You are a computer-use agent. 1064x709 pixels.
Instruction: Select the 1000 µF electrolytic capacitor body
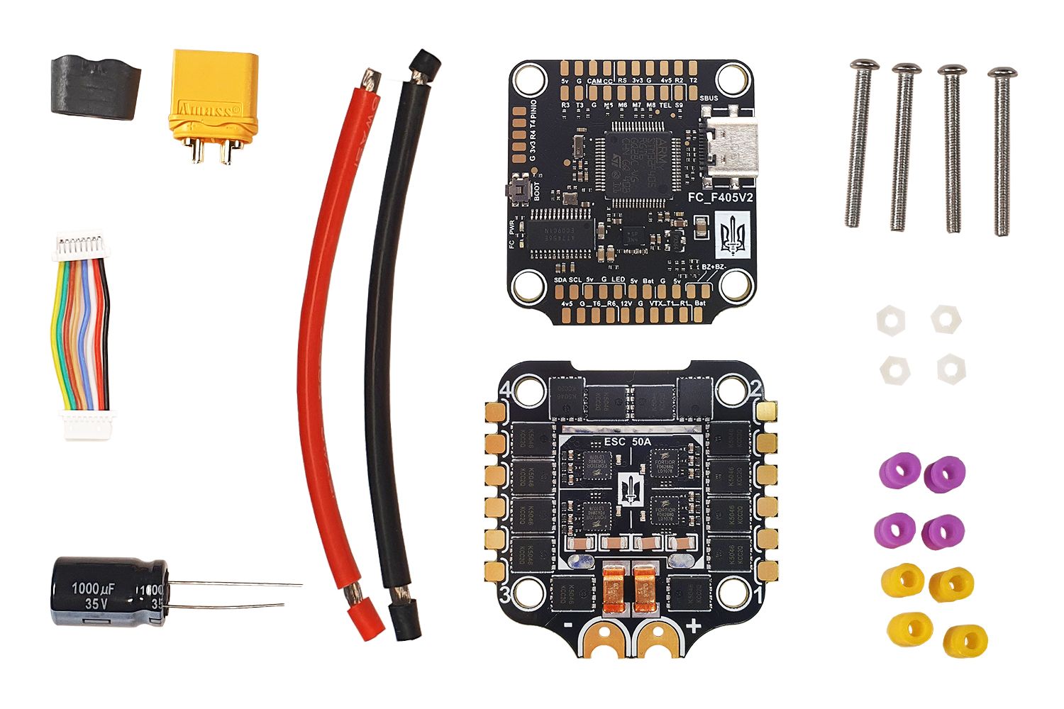click(106, 593)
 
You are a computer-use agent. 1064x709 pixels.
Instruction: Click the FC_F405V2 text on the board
click(720, 197)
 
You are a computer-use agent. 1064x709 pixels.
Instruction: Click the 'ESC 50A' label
click(627, 442)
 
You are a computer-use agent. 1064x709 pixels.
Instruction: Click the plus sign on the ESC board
click(693, 626)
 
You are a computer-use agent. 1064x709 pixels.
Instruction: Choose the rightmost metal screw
click(1002, 152)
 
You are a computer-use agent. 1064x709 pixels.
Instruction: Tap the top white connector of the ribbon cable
click(82, 245)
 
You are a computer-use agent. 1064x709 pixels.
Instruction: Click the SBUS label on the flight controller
click(709, 99)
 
